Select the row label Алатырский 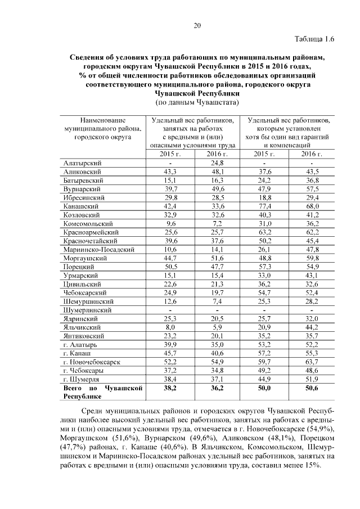[83, 163]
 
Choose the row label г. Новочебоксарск [92, 361]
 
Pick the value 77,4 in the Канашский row [264, 206]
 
